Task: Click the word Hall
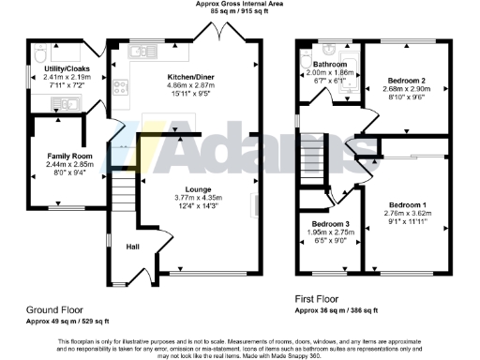tap(134, 247)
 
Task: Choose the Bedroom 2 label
tap(410, 82)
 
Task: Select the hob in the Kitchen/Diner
tap(121, 89)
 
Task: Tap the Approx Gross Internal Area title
tap(240, 5)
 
